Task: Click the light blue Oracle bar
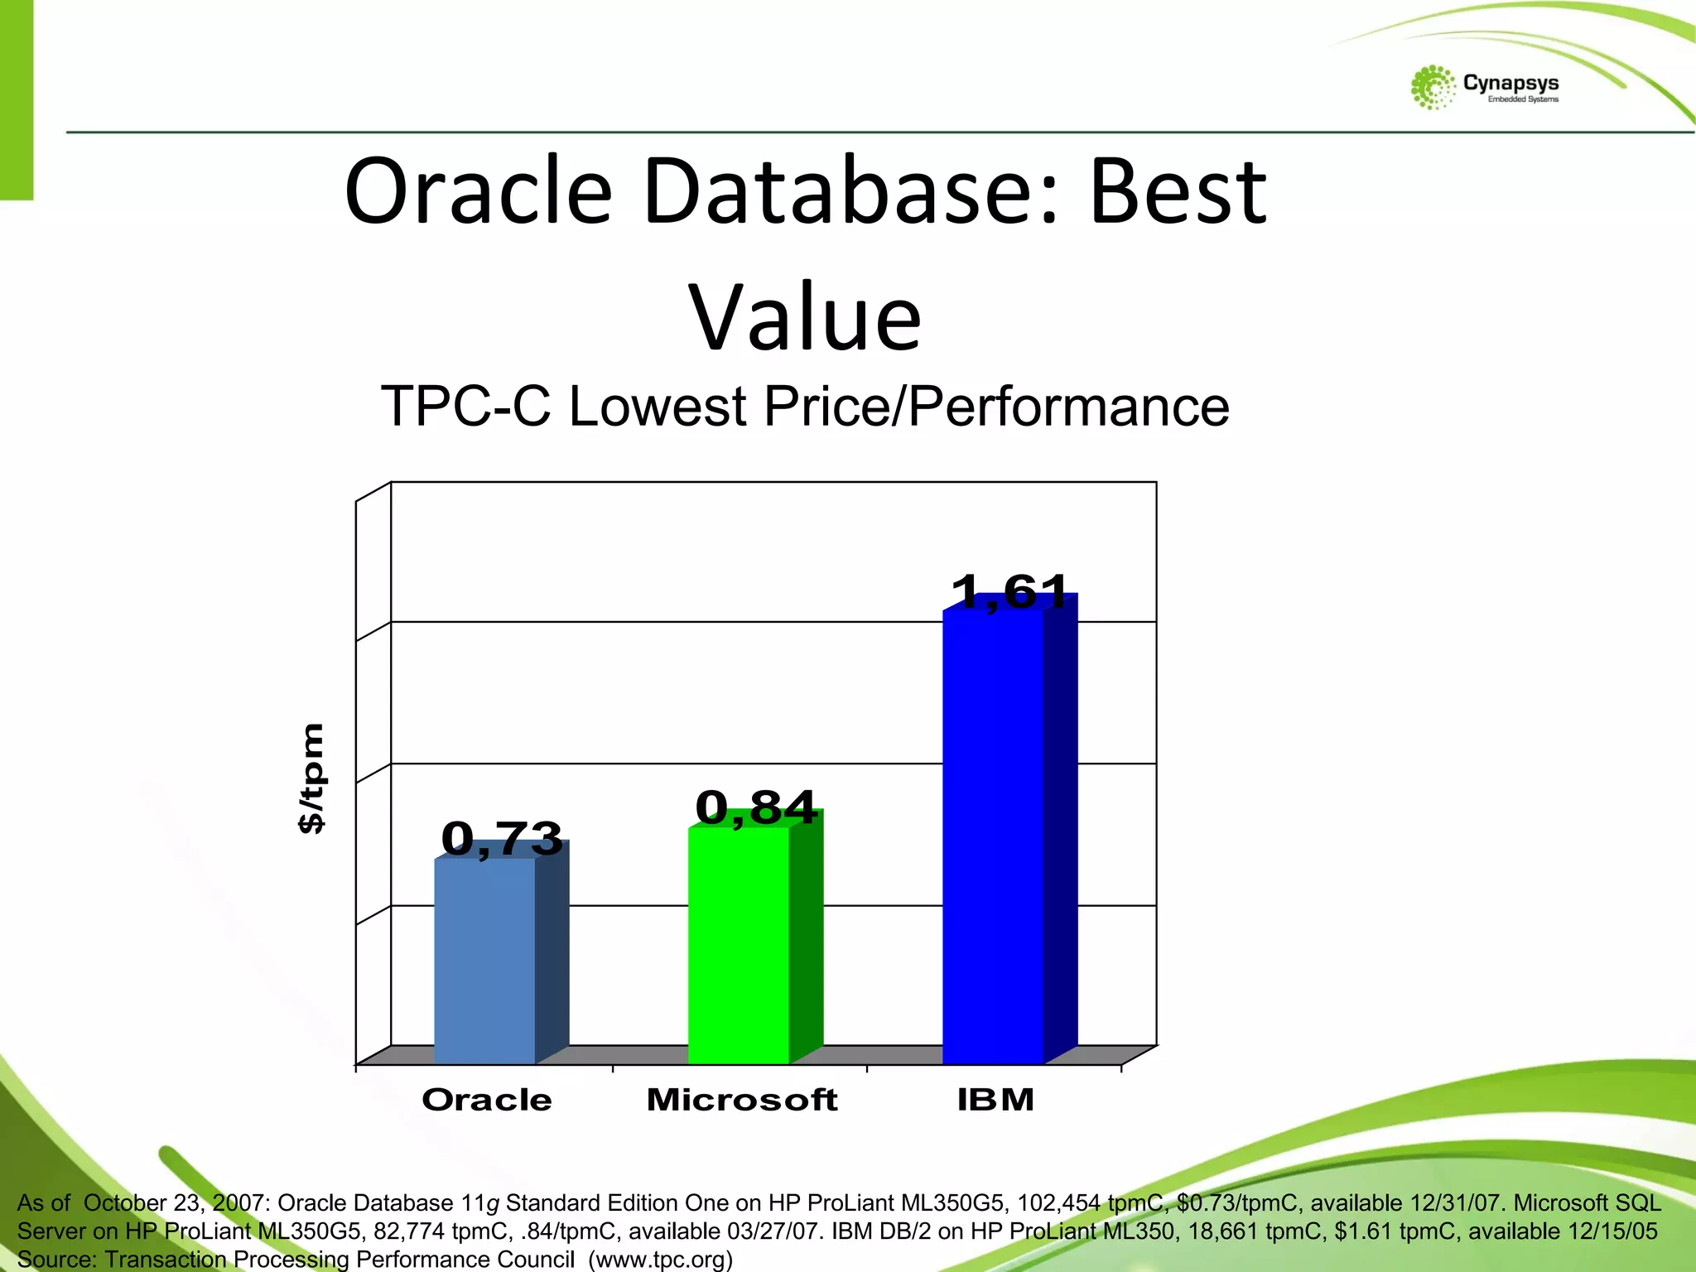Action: [x=485, y=961]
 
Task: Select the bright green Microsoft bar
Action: [x=739, y=944]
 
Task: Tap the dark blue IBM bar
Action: [x=993, y=836]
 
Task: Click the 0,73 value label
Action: [x=502, y=838]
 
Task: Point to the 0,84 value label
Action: [x=756, y=807]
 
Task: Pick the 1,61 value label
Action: [x=1010, y=592]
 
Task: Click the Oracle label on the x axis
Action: [x=487, y=1100]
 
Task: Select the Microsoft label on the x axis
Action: [x=742, y=1100]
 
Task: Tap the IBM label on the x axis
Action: [x=995, y=1100]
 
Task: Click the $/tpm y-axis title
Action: [x=312, y=778]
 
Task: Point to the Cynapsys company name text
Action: [x=1510, y=83]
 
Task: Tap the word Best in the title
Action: [x=1178, y=192]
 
